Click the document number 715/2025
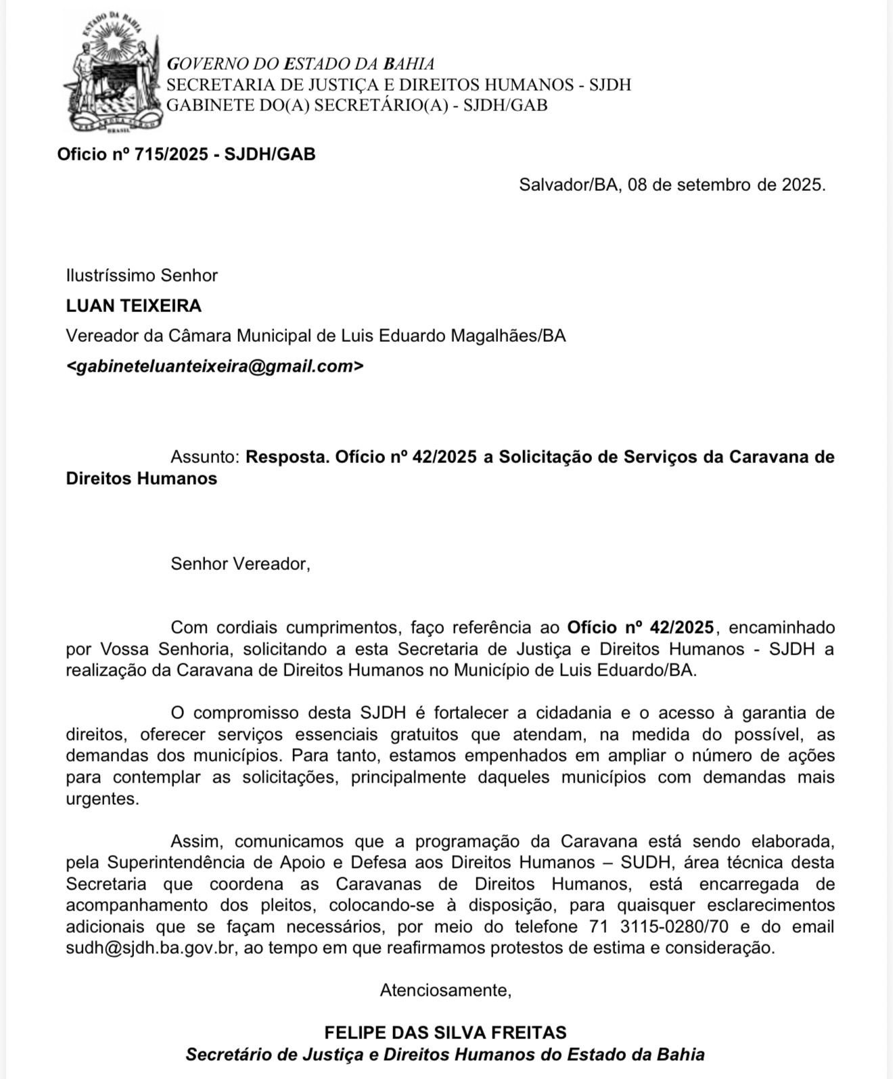click(171, 154)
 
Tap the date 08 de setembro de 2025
click(727, 185)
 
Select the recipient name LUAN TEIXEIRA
click(134, 306)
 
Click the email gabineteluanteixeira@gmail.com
click(214, 366)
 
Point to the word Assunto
click(205, 457)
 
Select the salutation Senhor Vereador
click(240, 564)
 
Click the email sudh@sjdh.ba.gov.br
click(150, 948)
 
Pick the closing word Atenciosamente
click(445, 990)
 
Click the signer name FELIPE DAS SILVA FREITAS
click(445, 1033)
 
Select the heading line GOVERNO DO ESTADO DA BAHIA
click(300, 64)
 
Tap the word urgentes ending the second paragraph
click(101, 799)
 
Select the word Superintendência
click(174, 863)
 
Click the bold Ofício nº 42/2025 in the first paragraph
click(640, 627)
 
